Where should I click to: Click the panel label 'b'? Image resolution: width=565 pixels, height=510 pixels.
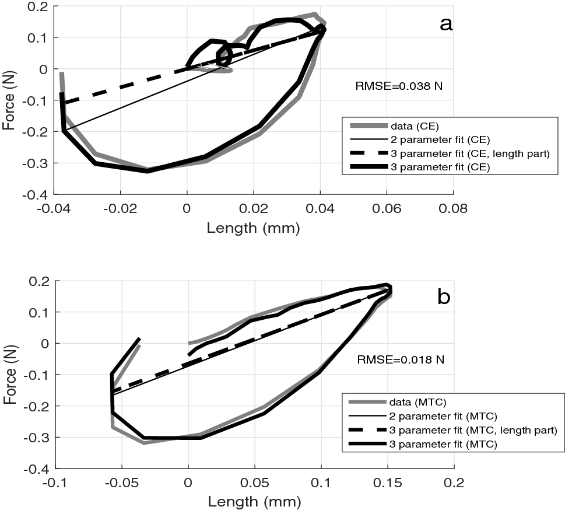pos(444,297)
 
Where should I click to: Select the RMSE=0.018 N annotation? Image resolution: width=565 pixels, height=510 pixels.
pos(401,360)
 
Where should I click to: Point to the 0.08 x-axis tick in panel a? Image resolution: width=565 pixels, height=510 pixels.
pos(454,207)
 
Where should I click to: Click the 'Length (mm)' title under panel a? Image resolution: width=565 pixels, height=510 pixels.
pos(253,228)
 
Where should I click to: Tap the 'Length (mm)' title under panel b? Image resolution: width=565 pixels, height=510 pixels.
pos(254,501)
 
